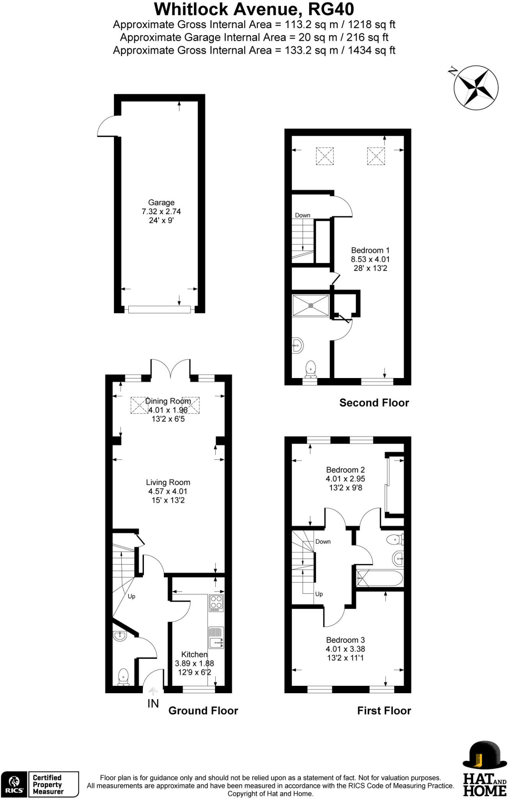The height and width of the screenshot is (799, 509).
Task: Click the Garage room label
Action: pyautogui.click(x=161, y=202)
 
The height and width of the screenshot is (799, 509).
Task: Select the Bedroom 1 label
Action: pyautogui.click(x=370, y=250)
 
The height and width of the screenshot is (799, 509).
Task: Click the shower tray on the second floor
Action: pyautogui.click(x=311, y=305)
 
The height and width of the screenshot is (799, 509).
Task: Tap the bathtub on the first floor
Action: pyautogui.click(x=380, y=579)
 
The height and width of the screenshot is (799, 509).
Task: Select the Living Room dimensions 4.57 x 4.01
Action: pyautogui.click(x=168, y=492)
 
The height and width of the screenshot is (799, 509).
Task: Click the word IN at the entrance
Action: pyautogui.click(x=153, y=703)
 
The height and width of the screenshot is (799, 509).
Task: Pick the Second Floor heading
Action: pyautogui.click(x=374, y=403)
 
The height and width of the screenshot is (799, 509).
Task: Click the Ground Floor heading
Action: pyautogui.click(x=203, y=710)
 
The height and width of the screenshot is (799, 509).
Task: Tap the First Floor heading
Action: pyautogui.click(x=384, y=710)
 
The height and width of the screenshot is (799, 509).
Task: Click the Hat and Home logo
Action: pyautogui.click(x=484, y=769)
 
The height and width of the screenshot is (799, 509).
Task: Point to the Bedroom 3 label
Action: pyautogui.click(x=345, y=640)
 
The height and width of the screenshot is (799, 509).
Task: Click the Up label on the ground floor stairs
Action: pyautogui.click(x=131, y=597)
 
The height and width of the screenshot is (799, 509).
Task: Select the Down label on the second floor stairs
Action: pyautogui.click(x=303, y=215)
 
